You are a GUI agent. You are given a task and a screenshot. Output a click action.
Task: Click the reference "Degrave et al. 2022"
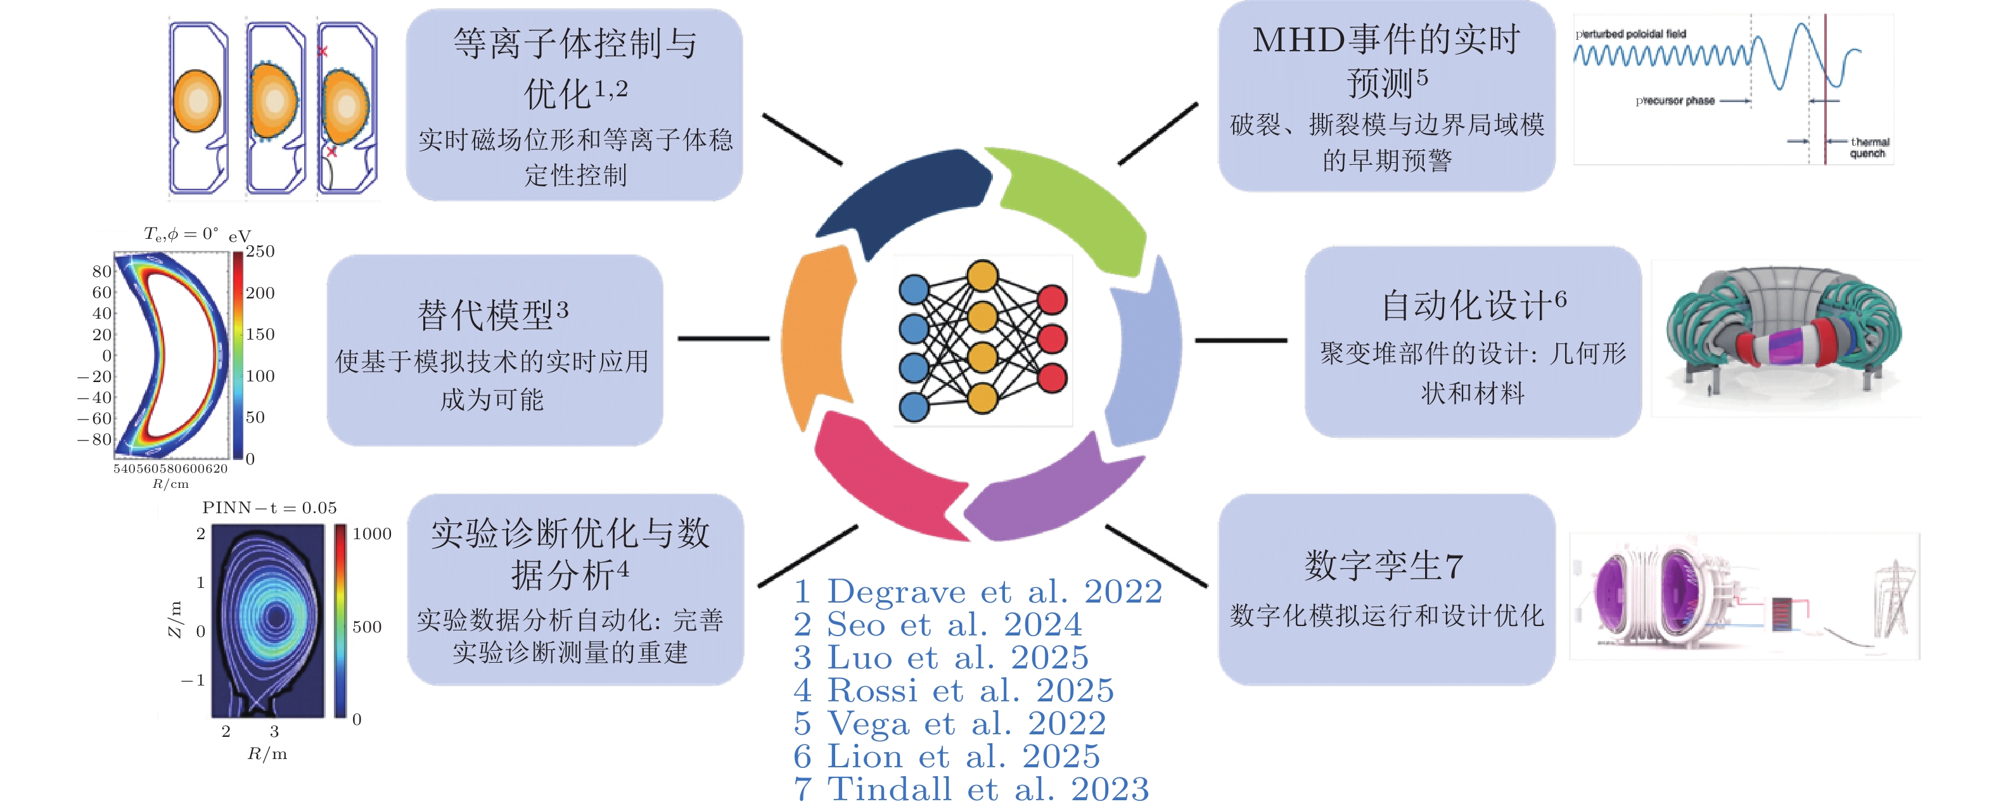click(978, 592)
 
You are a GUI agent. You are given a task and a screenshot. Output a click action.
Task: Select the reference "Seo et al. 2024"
click(938, 624)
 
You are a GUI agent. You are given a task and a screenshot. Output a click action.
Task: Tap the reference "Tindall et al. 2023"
click(971, 789)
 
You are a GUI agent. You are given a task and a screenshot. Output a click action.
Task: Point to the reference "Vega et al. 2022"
click(950, 724)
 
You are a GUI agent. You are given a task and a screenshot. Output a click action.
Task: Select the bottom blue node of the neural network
click(914, 407)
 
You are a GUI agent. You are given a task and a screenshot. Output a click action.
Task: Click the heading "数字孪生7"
click(1383, 565)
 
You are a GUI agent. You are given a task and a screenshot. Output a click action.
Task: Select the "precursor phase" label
click(1675, 101)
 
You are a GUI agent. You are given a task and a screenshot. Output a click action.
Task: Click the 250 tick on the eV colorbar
click(260, 252)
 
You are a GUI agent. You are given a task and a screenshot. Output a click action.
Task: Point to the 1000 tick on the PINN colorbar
click(372, 533)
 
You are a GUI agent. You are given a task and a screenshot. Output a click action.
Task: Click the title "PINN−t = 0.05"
click(270, 508)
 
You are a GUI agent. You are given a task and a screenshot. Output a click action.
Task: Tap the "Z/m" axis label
click(175, 619)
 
